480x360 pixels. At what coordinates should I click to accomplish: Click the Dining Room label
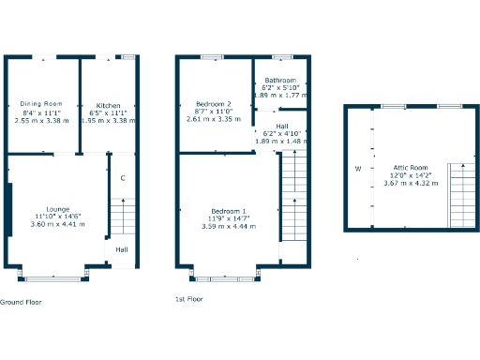pyautogui.click(x=40, y=103)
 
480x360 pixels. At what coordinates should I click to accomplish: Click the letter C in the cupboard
pyautogui.click(x=123, y=178)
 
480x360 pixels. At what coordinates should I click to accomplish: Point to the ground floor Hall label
pyautogui.click(x=122, y=249)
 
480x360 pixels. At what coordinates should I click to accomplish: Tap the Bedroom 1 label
pyautogui.click(x=230, y=210)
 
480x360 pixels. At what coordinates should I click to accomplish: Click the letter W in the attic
pyautogui.click(x=357, y=169)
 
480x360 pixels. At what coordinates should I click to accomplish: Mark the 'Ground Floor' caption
pyautogui.click(x=21, y=302)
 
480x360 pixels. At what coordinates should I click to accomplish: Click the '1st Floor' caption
pyautogui.click(x=188, y=299)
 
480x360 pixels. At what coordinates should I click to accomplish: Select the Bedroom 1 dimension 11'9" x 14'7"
pyautogui.click(x=230, y=218)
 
